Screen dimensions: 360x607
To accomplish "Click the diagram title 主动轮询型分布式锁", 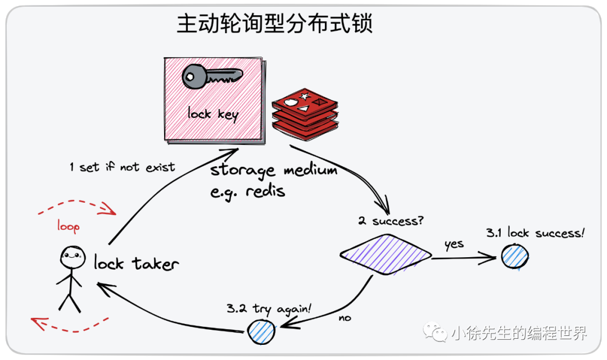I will click(275, 24).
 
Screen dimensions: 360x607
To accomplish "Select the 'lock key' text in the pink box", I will click(213, 114).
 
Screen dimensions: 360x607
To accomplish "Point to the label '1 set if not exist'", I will click(122, 167).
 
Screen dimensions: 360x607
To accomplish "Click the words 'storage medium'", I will click(274, 170).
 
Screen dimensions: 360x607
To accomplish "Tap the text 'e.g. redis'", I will click(248, 191).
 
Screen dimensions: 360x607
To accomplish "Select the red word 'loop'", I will click(68, 226).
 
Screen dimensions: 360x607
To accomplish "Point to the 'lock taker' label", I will click(137, 263).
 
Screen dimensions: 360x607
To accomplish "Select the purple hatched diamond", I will click(386, 254).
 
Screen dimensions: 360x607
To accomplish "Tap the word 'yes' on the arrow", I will click(454, 244).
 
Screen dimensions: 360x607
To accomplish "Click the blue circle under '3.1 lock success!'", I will click(515, 257).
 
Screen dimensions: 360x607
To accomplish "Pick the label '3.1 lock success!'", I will click(535, 233).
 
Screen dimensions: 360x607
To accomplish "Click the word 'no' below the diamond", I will click(345, 318).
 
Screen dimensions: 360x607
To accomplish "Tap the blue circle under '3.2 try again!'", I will click(261, 331).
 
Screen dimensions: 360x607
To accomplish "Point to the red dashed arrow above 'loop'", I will click(77, 206).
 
